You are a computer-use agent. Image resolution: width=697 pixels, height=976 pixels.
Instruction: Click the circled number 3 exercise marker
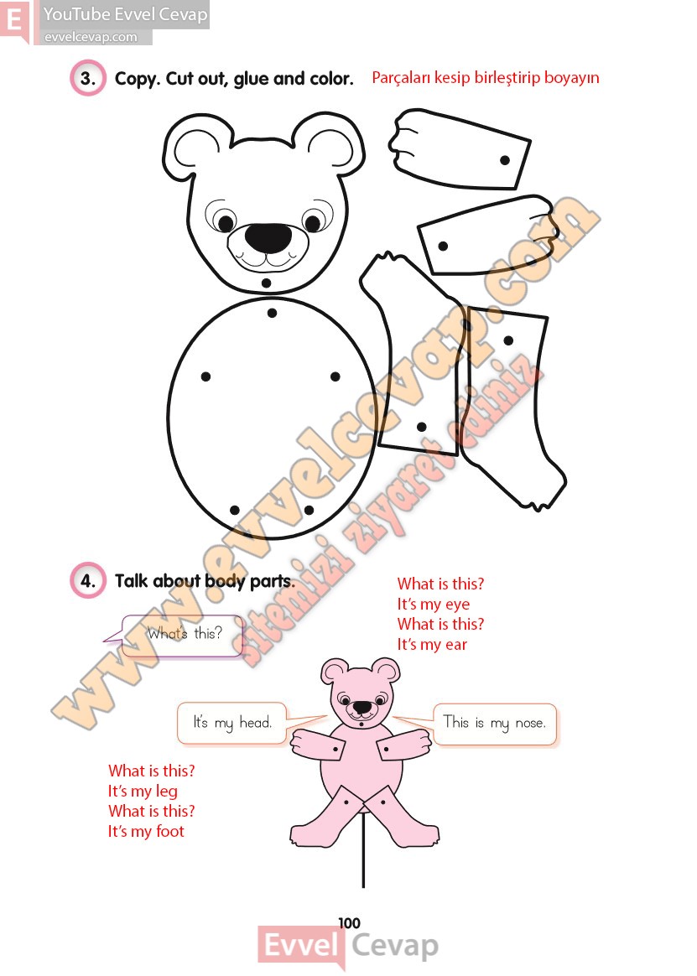[88, 79]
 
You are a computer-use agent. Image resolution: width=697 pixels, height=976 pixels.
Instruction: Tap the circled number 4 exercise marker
[88, 581]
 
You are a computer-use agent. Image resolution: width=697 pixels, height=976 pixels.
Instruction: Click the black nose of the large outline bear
[268, 237]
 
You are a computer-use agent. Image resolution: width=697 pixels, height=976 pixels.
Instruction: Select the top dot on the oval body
[272, 313]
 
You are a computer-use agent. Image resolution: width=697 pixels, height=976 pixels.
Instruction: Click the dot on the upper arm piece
[505, 160]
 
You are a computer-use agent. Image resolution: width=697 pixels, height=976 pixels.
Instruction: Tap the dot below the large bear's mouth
[266, 283]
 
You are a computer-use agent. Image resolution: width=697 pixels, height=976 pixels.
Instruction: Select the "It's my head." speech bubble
[233, 724]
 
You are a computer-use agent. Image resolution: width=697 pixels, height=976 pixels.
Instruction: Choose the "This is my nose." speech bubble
[495, 724]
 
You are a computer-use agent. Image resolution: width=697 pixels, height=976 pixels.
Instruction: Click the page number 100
[350, 923]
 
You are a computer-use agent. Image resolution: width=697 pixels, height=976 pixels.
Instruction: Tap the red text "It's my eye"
[434, 604]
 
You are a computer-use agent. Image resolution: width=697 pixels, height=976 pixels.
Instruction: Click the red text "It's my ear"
[432, 644]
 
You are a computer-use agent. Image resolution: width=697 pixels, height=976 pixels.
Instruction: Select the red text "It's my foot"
[147, 831]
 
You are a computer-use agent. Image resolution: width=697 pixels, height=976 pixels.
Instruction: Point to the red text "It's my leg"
[143, 792]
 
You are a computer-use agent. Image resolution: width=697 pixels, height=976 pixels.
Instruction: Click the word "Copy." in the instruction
[137, 79]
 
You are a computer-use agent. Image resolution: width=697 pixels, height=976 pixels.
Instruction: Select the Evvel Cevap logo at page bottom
[349, 946]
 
